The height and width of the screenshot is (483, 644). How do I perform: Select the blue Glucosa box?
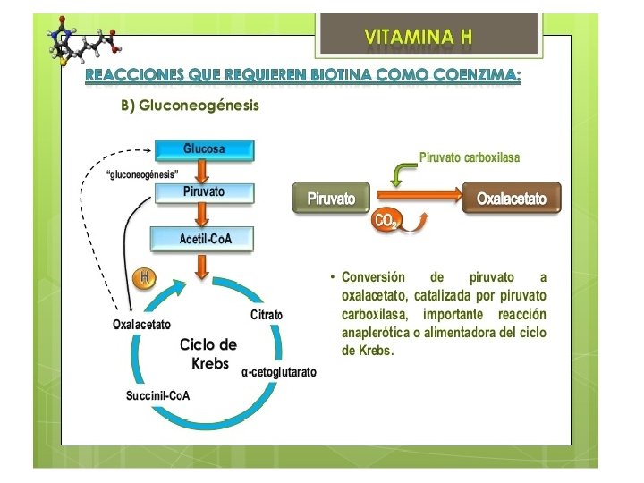(204, 148)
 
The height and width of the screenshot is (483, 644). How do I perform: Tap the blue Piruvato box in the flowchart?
(204, 192)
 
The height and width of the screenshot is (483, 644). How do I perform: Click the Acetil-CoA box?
(204, 238)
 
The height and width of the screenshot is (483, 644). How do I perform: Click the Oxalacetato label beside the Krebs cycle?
(141, 324)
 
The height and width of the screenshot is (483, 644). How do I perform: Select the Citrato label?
(267, 315)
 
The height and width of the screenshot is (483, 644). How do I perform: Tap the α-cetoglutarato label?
(278, 372)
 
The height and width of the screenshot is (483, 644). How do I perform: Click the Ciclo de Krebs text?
(208, 354)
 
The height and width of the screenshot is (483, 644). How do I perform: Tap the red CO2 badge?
(386, 221)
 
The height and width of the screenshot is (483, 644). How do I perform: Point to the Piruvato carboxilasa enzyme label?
(469, 157)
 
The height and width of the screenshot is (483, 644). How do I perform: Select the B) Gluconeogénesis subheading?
(190, 106)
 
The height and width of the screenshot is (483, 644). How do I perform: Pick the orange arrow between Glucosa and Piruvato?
(203, 170)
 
